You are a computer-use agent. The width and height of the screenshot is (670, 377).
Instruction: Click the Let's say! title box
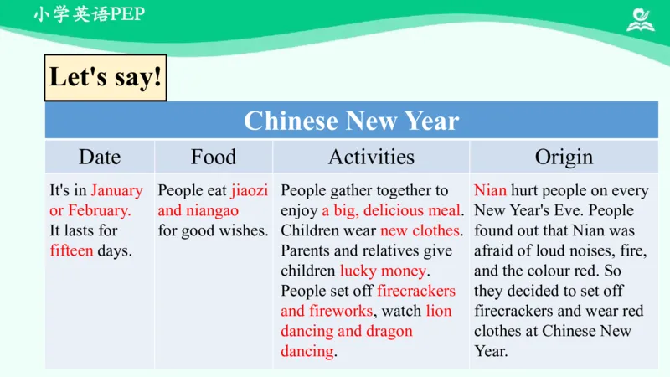pyautogui.click(x=105, y=77)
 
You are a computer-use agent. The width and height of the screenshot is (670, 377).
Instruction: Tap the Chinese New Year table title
pyautogui.click(x=351, y=121)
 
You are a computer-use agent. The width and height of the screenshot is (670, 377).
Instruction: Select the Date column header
pyautogui.click(x=100, y=157)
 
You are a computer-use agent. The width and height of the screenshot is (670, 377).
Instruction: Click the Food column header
pyautogui.click(x=214, y=157)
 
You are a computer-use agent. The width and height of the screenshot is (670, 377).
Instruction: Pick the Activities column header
pyautogui.click(x=371, y=157)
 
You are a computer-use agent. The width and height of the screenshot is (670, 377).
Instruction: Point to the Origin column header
pyautogui.click(x=564, y=157)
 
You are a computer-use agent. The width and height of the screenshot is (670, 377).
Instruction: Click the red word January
pyautogui.click(x=117, y=191)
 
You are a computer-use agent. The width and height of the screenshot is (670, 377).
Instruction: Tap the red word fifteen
pyautogui.click(x=71, y=250)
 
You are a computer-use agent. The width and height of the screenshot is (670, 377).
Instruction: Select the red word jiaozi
pyautogui.click(x=250, y=191)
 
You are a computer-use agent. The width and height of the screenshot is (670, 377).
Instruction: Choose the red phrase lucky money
pyautogui.click(x=384, y=271)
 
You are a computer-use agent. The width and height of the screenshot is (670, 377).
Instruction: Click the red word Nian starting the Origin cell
pyautogui.click(x=490, y=191)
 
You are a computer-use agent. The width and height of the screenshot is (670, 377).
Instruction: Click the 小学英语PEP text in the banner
pyautogui.click(x=89, y=15)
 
